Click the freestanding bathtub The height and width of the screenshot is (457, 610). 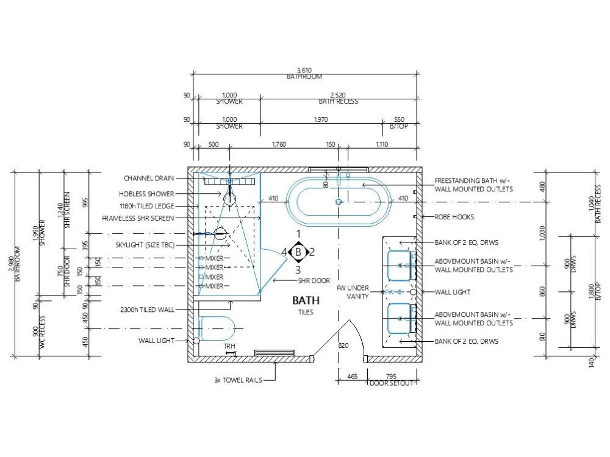(x=339, y=202)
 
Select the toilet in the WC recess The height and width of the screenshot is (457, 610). (x=217, y=328)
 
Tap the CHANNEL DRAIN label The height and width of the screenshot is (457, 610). (x=149, y=179)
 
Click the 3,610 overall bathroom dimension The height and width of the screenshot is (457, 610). (x=304, y=71)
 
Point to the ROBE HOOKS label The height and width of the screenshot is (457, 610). (x=454, y=217)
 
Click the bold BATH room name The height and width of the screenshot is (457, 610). (x=306, y=300)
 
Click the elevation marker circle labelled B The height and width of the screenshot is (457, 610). (x=298, y=252)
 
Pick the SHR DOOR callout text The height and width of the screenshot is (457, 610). (x=314, y=281)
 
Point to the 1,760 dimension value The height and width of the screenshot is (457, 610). (x=278, y=144)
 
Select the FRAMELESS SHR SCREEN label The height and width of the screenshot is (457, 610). (x=138, y=218)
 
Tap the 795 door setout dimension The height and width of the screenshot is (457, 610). (x=391, y=377)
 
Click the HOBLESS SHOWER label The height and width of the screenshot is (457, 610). (x=146, y=194)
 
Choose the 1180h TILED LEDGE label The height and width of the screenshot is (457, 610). (x=147, y=206)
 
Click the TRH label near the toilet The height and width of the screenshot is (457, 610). (x=229, y=346)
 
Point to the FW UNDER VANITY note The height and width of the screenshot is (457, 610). (x=353, y=292)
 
